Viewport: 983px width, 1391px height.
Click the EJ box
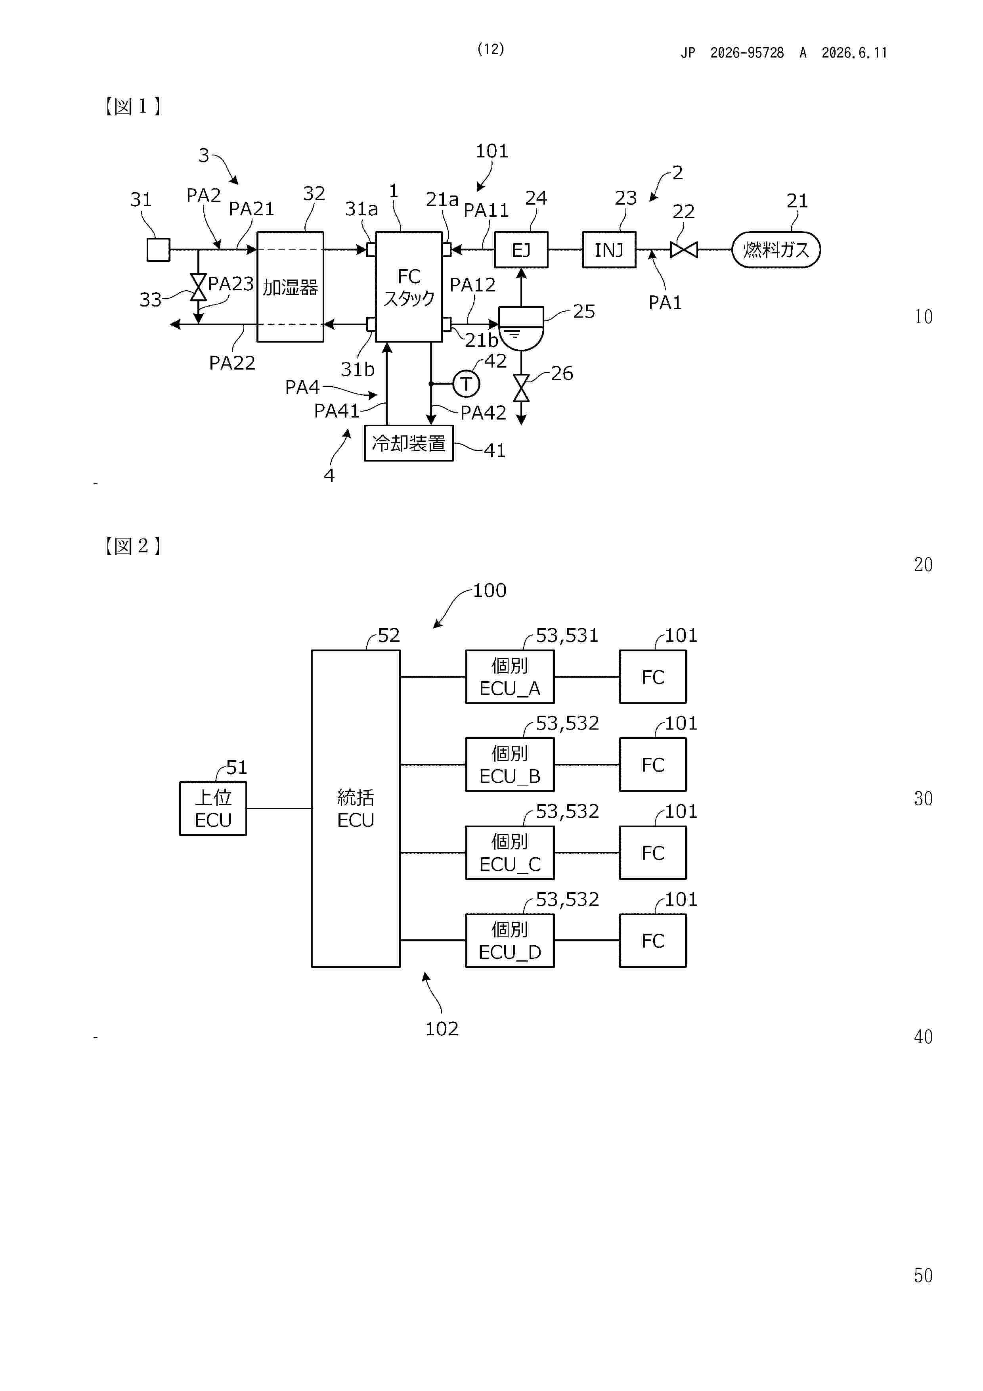tap(521, 249)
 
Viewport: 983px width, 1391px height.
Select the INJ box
tap(609, 249)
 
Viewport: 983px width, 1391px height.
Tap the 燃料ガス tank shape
tap(776, 249)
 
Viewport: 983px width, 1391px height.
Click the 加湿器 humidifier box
tap(290, 287)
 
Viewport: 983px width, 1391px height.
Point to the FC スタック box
tap(409, 287)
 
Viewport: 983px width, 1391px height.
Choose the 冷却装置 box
tap(409, 443)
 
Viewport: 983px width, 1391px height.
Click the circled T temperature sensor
tap(466, 383)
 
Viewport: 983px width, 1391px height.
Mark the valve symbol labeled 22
tap(684, 249)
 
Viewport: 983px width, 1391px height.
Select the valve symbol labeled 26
tap(521, 388)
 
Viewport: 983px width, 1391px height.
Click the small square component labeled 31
tap(158, 249)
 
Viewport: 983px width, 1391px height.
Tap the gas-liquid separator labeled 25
tap(521, 328)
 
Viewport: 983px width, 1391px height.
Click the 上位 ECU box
tap(213, 808)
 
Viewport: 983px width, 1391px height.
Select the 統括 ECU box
tap(356, 808)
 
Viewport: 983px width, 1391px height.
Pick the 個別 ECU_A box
tap(509, 677)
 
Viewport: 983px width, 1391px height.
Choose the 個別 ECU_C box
tap(509, 853)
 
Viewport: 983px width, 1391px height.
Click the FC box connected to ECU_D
tap(652, 940)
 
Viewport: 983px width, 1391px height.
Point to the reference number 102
tap(442, 1029)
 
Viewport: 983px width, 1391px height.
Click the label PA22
tap(232, 362)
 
